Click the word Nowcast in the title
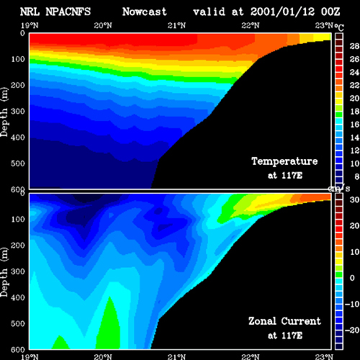pyautogui.click(x=145, y=12)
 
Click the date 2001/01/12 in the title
pyautogui.click(x=282, y=12)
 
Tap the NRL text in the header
pyautogui.click(x=30, y=12)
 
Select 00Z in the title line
pyautogui.click(x=330, y=12)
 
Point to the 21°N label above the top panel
pyautogui.click(x=176, y=25)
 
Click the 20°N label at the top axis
pyautogui.click(x=103, y=25)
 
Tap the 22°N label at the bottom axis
pyautogui.click(x=251, y=356)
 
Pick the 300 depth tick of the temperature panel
pyautogui.click(x=18, y=111)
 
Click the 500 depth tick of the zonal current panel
pyautogui.click(x=18, y=323)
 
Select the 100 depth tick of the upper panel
pyautogui.click(x=18, y=59)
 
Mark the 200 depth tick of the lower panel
pyautogui.click(x=18, y=246)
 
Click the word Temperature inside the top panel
pyautogui.click(x=284, y=161)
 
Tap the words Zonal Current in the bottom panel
pyautogui.click(x=284, y=321)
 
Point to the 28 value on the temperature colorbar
pyautogui.click(x=354, y=46)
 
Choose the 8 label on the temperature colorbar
pyautogui.click(x=357, y=176)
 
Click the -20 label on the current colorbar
pyautogui.click(x=352, y=330)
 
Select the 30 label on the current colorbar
pyautogui.click(x=354, y=199)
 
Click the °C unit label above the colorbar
pyautogui.click(x=339, y=27)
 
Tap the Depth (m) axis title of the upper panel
pyautogui.click(x=4, y=112)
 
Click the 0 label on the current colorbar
pyautogui.click(x=352, y=278)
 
